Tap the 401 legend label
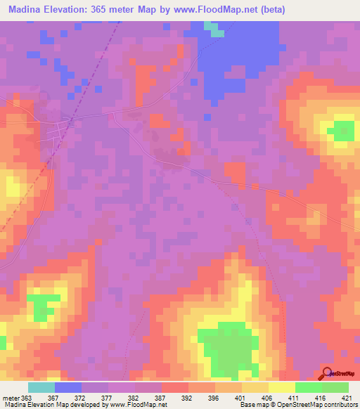(x=242, y=398)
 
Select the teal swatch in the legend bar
(x=41, y=387)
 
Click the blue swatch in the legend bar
(x=68, y=387)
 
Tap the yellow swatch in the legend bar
(x=282, y=387)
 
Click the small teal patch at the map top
(x=214, y=30)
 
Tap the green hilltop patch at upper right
(x=343, y=130)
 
